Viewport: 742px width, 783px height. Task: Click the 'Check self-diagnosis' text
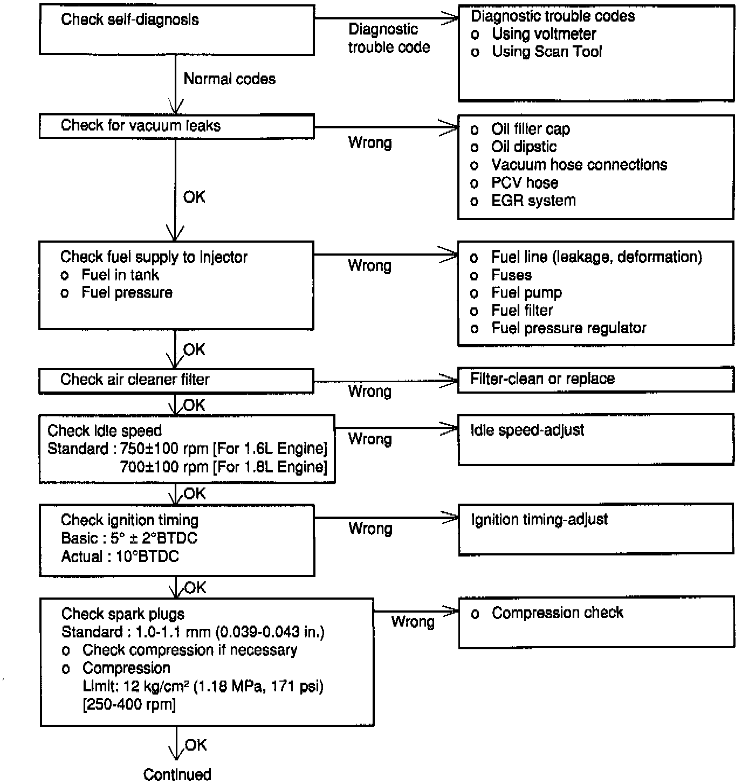(130, 20)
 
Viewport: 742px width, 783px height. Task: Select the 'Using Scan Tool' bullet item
(546, 52)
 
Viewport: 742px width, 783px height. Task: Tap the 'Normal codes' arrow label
(230, 79)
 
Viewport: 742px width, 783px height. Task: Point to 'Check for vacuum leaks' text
(141, 126)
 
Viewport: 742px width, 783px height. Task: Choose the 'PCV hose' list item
(524, 183)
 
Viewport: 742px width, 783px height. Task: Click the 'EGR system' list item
(533, 201)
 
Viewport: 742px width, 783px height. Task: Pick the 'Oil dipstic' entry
(524, 147)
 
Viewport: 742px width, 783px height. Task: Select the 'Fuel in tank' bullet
(120, 275)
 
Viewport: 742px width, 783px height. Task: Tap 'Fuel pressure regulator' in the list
(568, 328)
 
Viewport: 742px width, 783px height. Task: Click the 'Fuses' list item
(511, 275)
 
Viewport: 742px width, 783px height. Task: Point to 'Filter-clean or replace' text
(542, 379)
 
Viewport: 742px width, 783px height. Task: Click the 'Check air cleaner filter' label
(135, 380)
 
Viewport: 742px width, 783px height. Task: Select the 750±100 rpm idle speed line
(187, 449)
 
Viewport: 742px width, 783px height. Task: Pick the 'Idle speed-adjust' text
(527, 430)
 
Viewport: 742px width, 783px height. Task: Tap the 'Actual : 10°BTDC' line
(120, 557)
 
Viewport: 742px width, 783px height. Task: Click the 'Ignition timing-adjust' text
(539, 520)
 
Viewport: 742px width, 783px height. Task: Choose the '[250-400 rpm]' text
(129, 705)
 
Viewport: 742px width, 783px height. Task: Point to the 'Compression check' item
(557, 613)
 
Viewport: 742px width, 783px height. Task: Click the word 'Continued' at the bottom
(177, 774)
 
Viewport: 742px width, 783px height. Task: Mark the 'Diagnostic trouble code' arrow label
(388, 38)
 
